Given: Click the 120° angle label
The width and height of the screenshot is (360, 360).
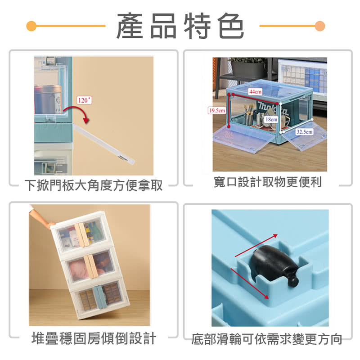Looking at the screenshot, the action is click(84, 100).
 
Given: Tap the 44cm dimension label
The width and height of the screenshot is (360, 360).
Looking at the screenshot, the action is click(255, 92).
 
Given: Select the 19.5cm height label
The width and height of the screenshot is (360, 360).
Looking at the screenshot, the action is click(217, 110).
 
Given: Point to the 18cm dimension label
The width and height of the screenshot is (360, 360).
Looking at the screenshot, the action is click(271, 119).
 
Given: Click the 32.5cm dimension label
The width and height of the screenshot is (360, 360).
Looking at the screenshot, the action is click(304, 132).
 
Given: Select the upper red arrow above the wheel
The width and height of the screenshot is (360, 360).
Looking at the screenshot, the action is click(256, 245).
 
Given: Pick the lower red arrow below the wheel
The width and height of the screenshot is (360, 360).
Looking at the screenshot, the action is click(250, 283).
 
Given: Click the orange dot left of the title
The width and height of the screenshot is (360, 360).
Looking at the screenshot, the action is click(31, 26).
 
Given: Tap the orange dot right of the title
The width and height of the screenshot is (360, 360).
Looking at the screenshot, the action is click(320, 26).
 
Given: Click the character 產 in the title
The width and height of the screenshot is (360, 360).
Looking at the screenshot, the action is click(130, 26).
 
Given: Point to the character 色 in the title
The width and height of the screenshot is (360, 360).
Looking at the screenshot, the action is click(231, 26).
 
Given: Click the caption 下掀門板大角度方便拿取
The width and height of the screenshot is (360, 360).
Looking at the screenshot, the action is click(94, 185).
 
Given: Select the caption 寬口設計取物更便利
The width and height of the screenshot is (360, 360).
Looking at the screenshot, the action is click(267, 182).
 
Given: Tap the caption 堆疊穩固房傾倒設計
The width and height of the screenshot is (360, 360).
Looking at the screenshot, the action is click(94, 338).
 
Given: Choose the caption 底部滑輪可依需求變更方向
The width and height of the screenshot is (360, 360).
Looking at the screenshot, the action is click(267, 339).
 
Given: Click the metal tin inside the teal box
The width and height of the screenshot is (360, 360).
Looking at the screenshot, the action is click(48, 99).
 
